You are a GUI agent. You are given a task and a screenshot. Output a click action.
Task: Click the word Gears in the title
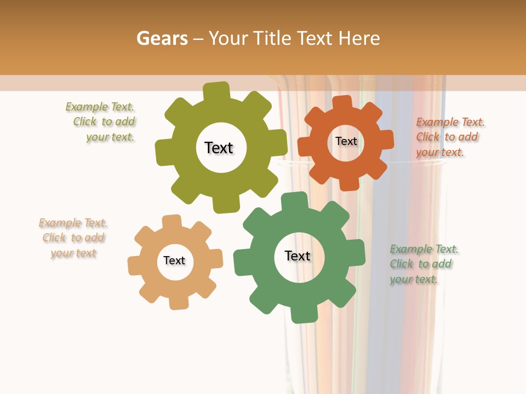(x=162, y=38)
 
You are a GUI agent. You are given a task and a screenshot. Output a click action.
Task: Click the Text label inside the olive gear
(x=219, y=148)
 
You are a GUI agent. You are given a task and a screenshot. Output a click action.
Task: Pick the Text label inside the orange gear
(x=346, y=141)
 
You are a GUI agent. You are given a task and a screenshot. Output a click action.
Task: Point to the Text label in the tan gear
(x=174, y=260)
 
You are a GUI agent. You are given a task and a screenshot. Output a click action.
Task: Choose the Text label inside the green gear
(x=298, y=256)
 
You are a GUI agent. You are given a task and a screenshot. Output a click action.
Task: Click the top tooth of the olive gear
(x=216, y=91)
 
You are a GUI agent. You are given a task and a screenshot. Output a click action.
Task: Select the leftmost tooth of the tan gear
(x=135, y=266)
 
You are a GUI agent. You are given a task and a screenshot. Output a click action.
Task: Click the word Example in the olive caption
(x=87, y=107)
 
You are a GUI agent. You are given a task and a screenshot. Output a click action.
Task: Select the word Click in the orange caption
(x=427, y=137)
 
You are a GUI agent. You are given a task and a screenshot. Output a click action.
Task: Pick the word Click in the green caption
(x=401, y=264)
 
